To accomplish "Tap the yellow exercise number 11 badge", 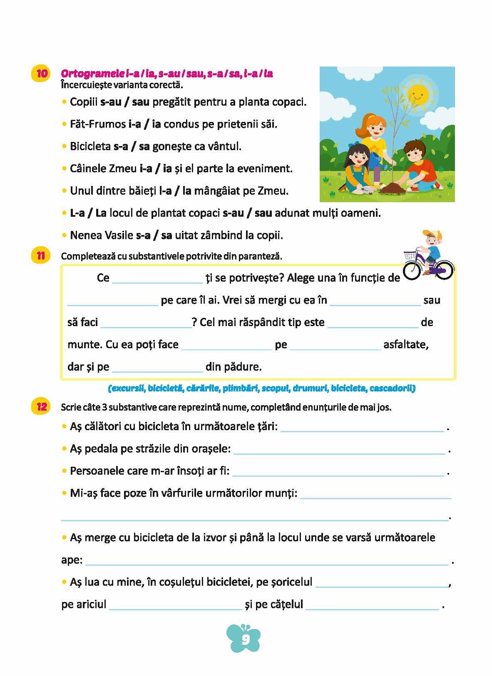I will click(x=40, y=255).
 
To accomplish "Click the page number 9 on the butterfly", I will click(x=246, y=639).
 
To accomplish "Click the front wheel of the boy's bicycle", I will click(x=412, y=270).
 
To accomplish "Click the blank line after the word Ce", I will click(x=157, y=281).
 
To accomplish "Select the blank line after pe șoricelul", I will click(x=381, y=585).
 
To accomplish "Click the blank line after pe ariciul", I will click(x=175, y=608).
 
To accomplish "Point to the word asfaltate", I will click(x=406, y=345).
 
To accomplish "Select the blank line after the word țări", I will click(x=362, y=431).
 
